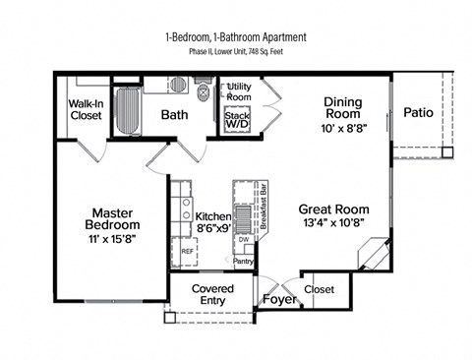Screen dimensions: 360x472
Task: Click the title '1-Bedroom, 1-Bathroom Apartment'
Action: point(236,37)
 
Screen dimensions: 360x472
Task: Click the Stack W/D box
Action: point(237,121)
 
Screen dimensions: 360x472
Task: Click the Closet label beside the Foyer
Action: point(319,289)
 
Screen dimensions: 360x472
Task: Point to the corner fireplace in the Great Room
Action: point(375,258)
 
